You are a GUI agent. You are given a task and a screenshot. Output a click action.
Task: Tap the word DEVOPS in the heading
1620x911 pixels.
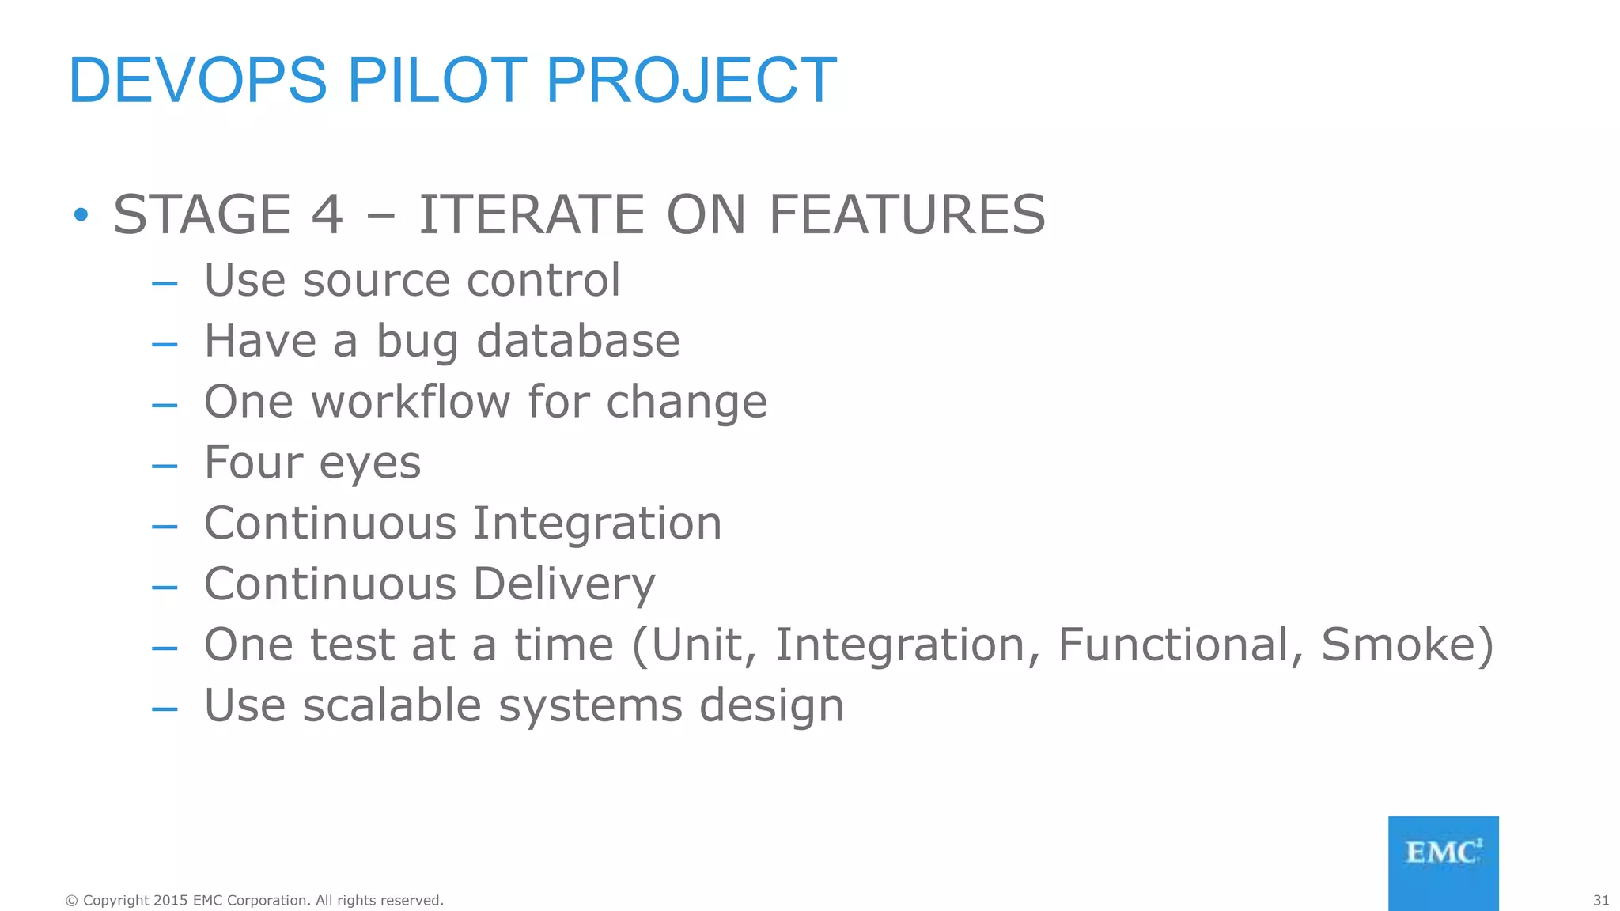pos(198,80)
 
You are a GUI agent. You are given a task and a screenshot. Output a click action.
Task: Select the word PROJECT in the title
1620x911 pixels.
pos(691,80)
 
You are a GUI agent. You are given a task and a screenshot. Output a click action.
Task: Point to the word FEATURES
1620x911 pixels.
pos(907,214)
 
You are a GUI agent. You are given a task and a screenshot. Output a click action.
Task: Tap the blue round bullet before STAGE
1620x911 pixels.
pos(81,214)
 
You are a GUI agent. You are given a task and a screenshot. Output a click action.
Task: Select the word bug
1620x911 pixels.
pos(417,342)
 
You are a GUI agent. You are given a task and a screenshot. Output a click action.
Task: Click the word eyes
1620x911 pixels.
pos(369,464)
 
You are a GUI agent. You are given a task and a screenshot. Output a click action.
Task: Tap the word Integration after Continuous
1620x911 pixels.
pos(597,524)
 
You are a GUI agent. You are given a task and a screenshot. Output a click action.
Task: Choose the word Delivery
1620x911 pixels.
pos(564,585)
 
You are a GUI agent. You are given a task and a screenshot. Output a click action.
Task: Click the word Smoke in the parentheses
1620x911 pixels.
pos(1398,645)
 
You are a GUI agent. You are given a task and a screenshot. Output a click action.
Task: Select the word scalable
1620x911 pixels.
pos(392,705)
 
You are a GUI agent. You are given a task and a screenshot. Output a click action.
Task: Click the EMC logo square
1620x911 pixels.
pos(1443,863)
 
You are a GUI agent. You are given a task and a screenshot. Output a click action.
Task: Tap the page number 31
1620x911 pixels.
pos(1601,900)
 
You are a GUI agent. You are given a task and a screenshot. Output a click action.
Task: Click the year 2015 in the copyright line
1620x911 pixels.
pos(170,900)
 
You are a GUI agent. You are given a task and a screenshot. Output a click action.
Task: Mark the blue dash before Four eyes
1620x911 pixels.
pos(165,466)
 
